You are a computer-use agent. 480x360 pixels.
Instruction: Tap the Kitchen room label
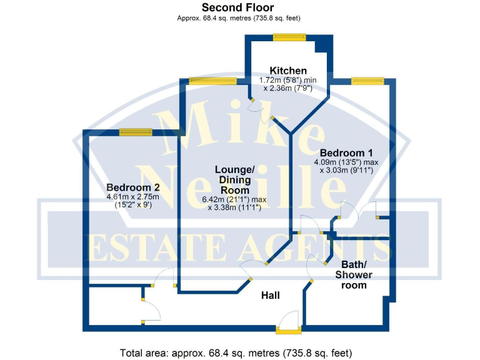pos(287,71)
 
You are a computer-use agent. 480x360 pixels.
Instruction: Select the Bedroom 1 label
pos(346,152)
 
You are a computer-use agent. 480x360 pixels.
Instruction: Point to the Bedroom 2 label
pos(134,187)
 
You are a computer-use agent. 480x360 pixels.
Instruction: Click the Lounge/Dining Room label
pos(234,180)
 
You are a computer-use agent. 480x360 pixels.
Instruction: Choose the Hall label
pos(271,295)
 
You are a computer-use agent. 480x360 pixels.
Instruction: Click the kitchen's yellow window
pos(289,36)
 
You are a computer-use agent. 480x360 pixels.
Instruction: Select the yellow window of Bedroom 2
pos(136,132)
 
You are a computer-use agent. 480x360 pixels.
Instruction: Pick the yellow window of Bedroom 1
pos(367,81)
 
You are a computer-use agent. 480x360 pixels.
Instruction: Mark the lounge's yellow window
pos(212,81)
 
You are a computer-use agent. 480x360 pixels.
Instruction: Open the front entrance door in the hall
pos(289,321)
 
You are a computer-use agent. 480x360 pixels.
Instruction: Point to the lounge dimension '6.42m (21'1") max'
pos(234,200)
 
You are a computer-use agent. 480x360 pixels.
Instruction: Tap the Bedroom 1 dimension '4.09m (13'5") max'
pos(346,161)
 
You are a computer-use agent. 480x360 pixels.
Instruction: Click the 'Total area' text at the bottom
pos(239,351)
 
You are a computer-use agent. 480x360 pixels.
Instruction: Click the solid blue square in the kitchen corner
pos(322,46)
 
